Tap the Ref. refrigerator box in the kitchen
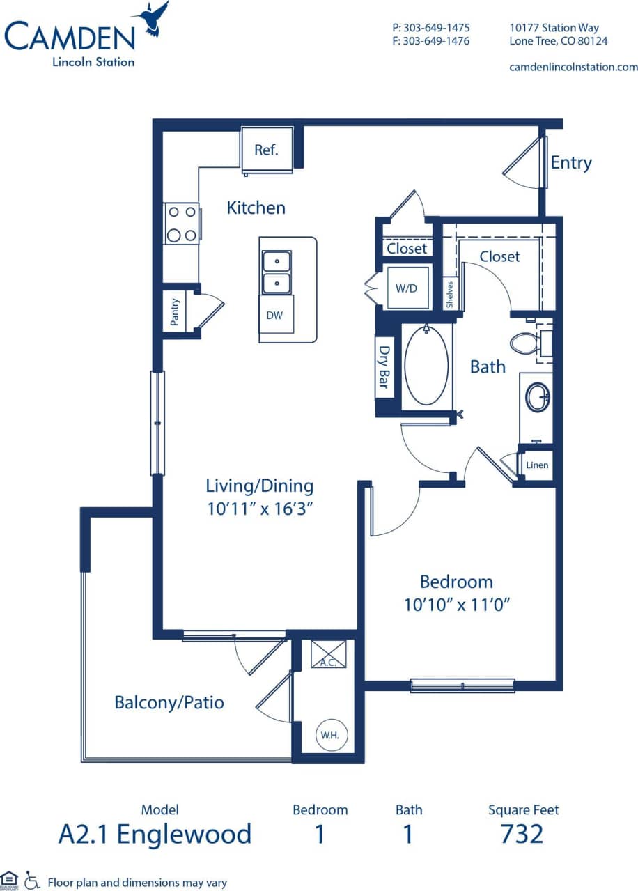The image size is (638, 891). coord(265,150)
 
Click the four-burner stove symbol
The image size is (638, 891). coord(181,224)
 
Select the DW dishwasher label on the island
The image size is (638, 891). coord(274,316)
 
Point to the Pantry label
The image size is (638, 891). coord(175,311)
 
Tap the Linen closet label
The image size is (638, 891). coord(537,465)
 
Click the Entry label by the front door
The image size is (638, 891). coord(570,163)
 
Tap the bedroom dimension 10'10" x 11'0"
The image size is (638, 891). coord(457,605)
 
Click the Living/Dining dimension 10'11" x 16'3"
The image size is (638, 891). coord(259,509)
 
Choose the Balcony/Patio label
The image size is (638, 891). coord(169,702)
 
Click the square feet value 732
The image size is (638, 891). coord(522,833)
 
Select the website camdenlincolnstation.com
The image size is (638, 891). coord(573,68)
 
